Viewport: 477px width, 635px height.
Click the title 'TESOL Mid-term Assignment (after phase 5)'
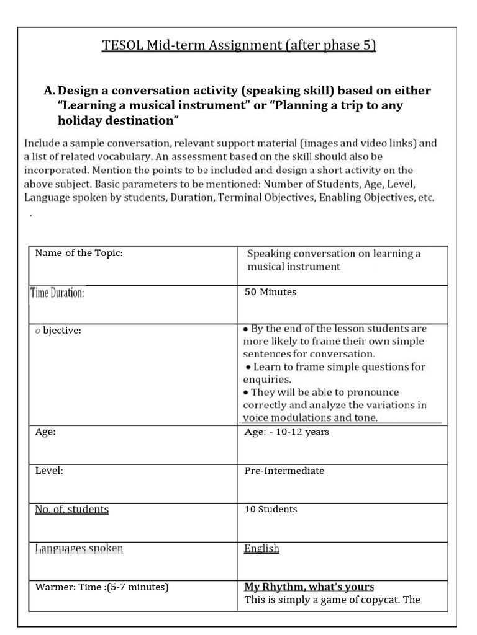(x=238, y=47)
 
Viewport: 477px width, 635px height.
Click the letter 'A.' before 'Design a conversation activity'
(x=50, y=91)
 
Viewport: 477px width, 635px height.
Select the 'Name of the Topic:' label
(x=83, y=253)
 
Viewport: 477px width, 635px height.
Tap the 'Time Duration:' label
(x=57, y=293)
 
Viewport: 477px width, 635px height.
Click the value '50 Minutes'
(x=270, y=292)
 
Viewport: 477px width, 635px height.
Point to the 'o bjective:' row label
(x=58, y=331)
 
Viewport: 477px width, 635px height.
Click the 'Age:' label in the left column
(x=45, y=432)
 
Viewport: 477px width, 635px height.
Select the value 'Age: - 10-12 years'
(x=286, y=432)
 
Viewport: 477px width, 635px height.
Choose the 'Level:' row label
(x=49, y=471)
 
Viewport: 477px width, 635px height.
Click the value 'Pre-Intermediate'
(x=284, y=471)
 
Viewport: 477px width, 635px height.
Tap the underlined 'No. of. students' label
(x=71, y=510)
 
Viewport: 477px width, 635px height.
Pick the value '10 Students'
(x=271, y=509)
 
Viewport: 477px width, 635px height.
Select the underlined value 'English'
(x=261, y=549)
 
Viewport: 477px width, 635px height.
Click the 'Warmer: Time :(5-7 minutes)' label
(x=102, y=587)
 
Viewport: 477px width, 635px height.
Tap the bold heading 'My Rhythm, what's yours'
(x=309, y=587)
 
